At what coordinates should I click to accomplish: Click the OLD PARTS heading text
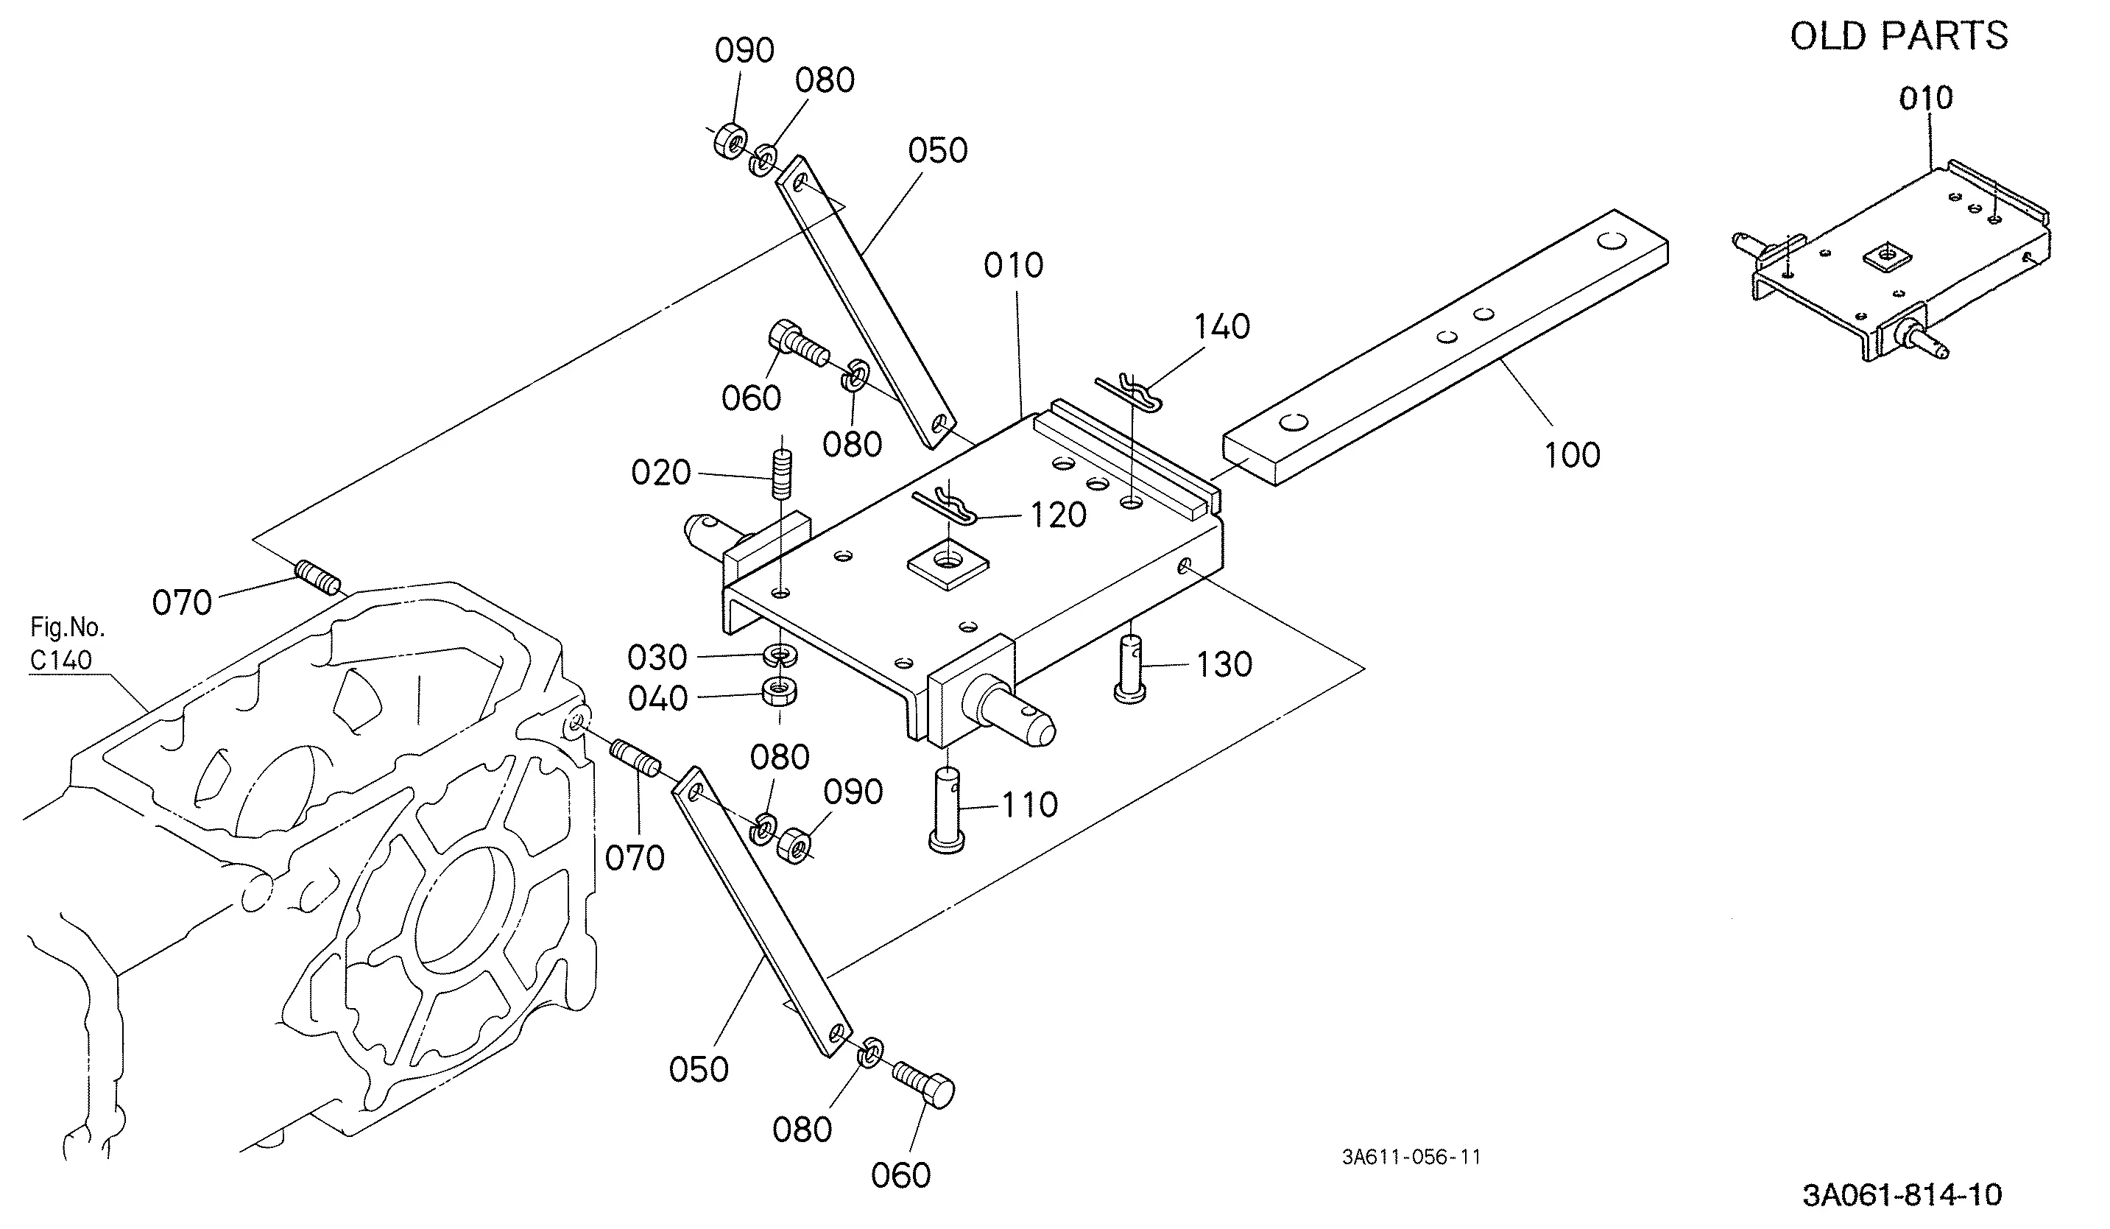(1898, 36)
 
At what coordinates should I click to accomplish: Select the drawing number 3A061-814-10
(1902, 1194)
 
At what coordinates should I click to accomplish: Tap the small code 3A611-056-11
(1411, 1157)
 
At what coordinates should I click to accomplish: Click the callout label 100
(1572, 455)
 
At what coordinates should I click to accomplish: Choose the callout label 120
(1059, 515)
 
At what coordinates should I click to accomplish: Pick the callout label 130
(1224, 665)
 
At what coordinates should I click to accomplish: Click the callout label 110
(1030, 806)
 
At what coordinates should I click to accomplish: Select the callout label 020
(660, 473)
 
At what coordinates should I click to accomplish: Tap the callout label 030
(657, 658)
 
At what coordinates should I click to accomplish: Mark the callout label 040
(657, 699)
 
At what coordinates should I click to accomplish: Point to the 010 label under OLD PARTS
(1926, 99)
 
